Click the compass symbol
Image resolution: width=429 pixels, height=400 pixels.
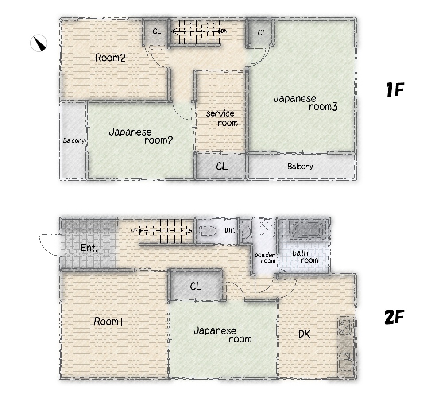[39, 43]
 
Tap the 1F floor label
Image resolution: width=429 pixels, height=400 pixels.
[395, 89]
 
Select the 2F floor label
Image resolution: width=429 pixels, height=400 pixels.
[394, 317]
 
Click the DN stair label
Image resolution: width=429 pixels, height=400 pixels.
[224, 31]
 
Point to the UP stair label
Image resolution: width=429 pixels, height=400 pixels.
[134, 230]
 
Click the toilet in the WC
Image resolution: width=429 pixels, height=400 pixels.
[208, 231]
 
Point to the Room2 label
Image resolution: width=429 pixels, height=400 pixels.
[110, 58]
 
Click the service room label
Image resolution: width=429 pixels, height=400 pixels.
[222, 118]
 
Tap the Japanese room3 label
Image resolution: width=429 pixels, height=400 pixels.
[305, 102]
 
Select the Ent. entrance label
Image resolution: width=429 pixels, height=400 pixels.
[89, 248]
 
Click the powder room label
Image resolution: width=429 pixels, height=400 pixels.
[265, 258]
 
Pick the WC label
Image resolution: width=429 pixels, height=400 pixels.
[229, 231]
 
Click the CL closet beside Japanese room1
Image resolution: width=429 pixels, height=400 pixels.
[196, 287]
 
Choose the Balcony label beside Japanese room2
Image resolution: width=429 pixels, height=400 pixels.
[74, 141]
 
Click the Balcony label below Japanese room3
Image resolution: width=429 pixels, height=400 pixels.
[300, 167]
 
